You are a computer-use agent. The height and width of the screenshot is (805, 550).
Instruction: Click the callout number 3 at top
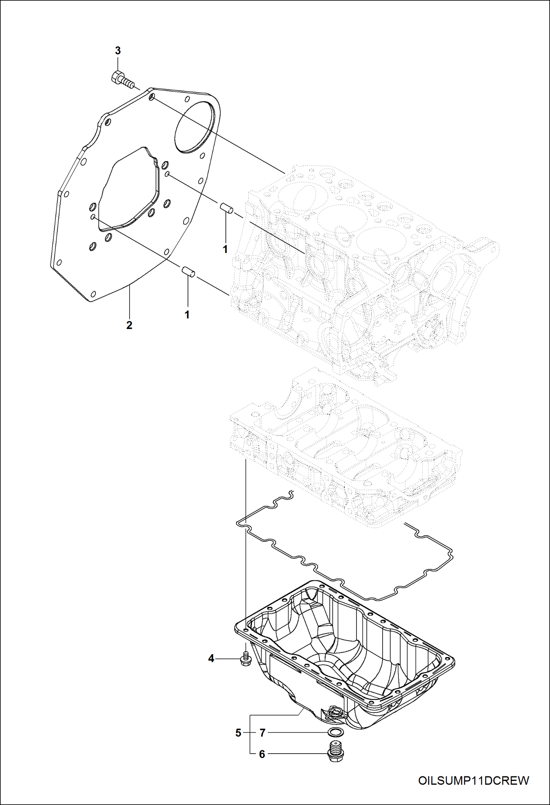pos(118,51)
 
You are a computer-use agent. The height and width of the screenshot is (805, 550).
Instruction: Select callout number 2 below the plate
pos(129,325)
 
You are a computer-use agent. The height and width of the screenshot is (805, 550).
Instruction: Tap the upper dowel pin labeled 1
pos(227,208)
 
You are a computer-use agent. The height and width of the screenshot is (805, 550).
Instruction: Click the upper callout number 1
pos(225,249)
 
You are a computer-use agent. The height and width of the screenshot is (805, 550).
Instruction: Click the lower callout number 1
pos(187,315)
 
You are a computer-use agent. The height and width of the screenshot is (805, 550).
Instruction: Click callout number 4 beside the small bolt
pos(211,659)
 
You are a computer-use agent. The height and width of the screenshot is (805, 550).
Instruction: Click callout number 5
pos(238,733)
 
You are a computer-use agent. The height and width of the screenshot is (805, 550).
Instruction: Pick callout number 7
pos(262,733)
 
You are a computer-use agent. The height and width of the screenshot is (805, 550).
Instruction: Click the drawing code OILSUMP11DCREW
pos(474,780)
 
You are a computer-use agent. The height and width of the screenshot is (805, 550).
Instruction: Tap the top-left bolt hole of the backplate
pos(152,98)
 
